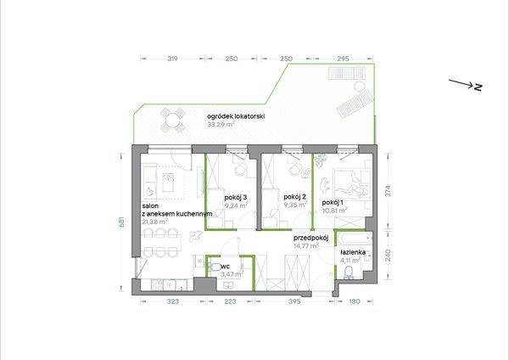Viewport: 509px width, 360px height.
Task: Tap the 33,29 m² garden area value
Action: point(221,125)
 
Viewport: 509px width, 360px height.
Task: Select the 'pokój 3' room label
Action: point(236,198)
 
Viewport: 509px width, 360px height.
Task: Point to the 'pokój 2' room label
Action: point(294,197)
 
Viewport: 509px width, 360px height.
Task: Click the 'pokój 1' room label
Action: point(333,203)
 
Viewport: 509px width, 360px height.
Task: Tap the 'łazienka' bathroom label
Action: point(353,252)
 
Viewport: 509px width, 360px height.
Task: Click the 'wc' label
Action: point(225,267)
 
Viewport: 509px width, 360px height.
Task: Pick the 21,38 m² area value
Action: point(155,222)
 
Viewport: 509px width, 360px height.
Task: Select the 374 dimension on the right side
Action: point(388,191)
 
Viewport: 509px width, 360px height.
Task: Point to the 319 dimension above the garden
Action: point(172,59)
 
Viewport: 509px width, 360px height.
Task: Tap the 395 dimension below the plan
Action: point(294,301)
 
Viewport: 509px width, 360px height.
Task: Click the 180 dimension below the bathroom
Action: point(354,301)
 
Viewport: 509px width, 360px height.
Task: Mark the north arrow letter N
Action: point(478,87)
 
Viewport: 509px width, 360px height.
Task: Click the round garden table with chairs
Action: point(172,121)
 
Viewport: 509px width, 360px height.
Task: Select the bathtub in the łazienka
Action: point(354,239)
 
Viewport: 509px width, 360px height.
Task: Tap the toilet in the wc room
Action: point(215,267)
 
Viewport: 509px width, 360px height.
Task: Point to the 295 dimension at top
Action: point(343,59)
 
